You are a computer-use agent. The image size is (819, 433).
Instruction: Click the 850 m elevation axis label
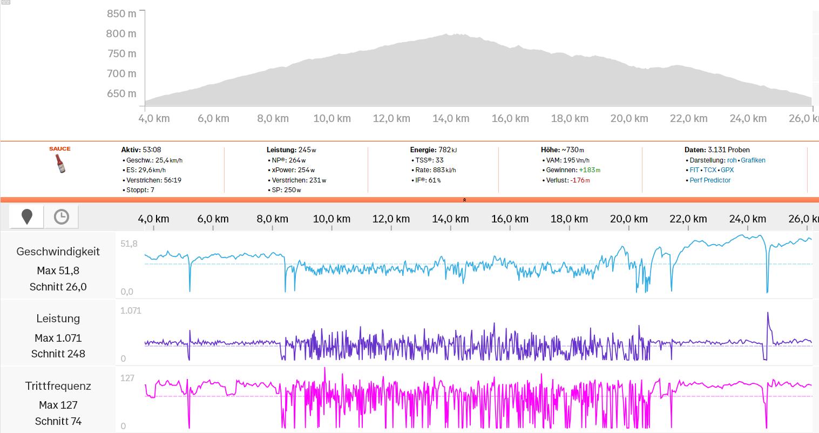(121, 13)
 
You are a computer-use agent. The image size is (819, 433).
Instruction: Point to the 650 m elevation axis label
(121, 93)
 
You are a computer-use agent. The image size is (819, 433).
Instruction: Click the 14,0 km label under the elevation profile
(451, 118)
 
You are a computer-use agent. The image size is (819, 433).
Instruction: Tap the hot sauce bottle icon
(60, 163)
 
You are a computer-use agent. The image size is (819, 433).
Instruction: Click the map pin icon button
(27, 217)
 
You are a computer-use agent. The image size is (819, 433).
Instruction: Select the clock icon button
(62, 217)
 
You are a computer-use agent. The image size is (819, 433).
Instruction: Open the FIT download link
(694, 170)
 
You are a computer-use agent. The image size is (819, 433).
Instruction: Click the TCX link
(710, 170)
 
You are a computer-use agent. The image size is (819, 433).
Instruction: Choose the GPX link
(727, 170)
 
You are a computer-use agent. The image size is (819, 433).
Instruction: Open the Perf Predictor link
(710, 180)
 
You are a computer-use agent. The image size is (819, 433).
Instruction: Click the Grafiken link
(753, 160)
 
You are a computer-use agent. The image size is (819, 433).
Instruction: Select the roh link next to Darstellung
(732, 160)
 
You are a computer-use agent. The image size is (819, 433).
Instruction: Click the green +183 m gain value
(590, 170)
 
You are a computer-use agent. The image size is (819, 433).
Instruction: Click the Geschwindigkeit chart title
(58, 252)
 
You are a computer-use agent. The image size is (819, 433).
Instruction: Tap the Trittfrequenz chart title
(58, 386)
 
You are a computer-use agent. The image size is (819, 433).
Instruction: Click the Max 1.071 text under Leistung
(58, 338)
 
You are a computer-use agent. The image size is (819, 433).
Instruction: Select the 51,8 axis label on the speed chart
(129, 244)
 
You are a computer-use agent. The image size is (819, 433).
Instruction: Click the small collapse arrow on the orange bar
(464, 200)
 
